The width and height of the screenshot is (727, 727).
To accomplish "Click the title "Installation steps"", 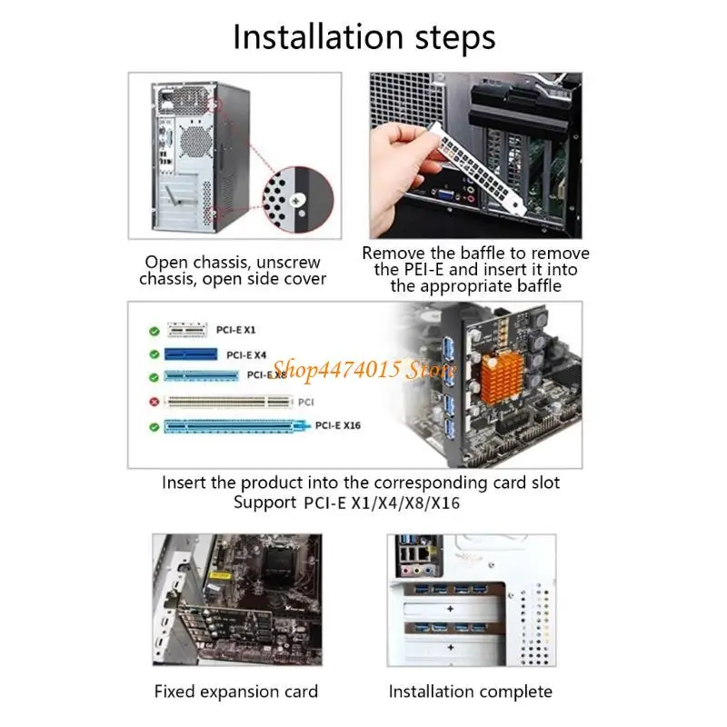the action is [x=364, y=37].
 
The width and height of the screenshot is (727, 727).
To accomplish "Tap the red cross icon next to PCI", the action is [x=154, y=402].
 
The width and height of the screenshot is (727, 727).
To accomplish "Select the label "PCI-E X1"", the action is [x=236, y=330].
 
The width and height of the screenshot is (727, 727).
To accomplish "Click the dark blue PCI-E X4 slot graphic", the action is [x=191, y=354].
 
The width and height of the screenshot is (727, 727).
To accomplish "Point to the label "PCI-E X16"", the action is [x=337, y=425].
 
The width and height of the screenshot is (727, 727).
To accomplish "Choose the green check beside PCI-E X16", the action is [x=154, y=427].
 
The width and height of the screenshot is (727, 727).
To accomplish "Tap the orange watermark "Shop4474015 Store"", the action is [x=364, y=370].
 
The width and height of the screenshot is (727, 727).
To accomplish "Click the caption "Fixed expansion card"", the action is [x=236, y=692].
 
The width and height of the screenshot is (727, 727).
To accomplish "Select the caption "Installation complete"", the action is [x=471, y=692].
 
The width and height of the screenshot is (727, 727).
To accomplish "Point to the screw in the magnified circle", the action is [x=296, y=201].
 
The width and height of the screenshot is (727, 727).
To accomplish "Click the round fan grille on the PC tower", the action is [x=195, y=142].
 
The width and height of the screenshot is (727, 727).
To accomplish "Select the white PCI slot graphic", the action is [x=229, y=402].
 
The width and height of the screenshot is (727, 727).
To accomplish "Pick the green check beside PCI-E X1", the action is [x=154, y=331].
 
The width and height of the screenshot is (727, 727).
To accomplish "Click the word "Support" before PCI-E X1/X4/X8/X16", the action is [x=264, y=503].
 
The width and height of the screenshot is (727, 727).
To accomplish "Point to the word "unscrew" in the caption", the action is [x=288, y=263].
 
